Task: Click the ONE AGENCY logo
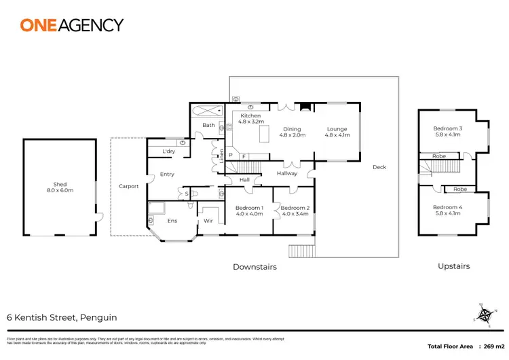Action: (71, 25)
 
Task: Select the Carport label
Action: (128, 186)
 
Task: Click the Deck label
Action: (379, 167)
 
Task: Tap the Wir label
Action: (208, 221)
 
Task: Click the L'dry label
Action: (169, 151)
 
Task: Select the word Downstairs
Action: (254, 267)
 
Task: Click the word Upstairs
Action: (454, 267)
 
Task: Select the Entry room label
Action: (167, 175)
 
